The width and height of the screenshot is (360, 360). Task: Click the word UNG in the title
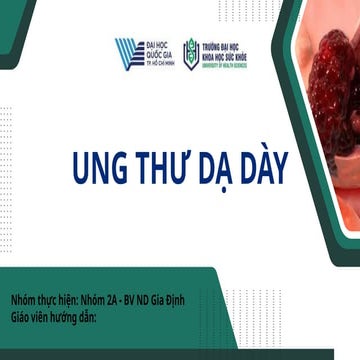102,167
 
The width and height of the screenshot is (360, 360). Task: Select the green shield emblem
191,54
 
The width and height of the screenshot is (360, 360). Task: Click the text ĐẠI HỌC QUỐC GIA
159,50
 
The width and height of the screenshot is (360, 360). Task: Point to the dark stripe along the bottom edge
180,354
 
